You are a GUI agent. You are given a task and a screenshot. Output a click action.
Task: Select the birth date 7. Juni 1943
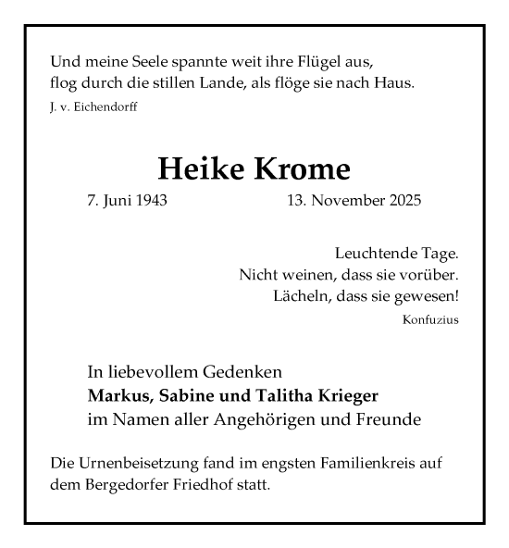click(x=127, y=201)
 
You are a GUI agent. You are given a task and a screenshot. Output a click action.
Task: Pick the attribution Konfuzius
click(x=431, y=320)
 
